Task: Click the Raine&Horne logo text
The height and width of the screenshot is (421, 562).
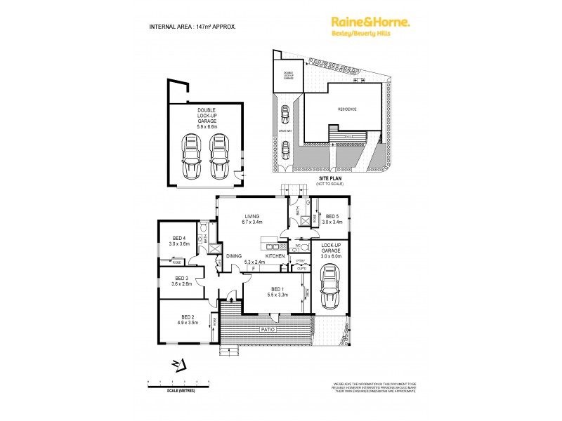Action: point(370,23)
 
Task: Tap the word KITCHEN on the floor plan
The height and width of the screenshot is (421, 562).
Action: point(275,256)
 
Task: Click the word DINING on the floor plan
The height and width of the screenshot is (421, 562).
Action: point(234,256)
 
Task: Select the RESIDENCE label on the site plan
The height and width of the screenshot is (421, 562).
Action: point(346,109)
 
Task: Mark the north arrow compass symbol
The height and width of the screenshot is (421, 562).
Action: point(178,363)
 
